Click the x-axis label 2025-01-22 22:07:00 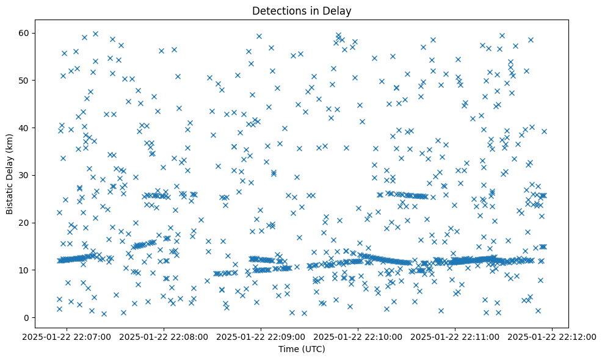[x=67, y=337]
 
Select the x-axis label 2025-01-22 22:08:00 [x=164, y=337]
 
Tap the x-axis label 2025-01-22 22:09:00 [x=261, y=337]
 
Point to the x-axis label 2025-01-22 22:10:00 [x=358, y=337]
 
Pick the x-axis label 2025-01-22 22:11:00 [x=455, y=337]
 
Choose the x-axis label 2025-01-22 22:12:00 [x=553, y=337]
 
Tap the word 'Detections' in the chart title [x=284, y=10]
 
